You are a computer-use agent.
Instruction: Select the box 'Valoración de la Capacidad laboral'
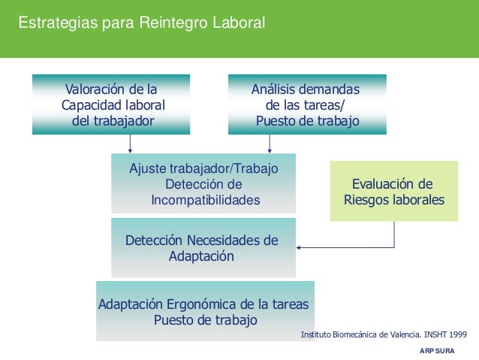111,104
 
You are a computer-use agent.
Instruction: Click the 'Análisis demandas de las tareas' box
307,104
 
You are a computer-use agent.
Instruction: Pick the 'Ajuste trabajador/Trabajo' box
203,184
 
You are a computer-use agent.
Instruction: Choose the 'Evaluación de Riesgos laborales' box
393,192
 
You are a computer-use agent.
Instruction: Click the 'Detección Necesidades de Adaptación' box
203,248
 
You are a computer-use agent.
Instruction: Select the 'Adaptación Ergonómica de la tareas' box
205,312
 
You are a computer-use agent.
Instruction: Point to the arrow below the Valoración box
131,144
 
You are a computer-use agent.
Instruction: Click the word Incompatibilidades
205,201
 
